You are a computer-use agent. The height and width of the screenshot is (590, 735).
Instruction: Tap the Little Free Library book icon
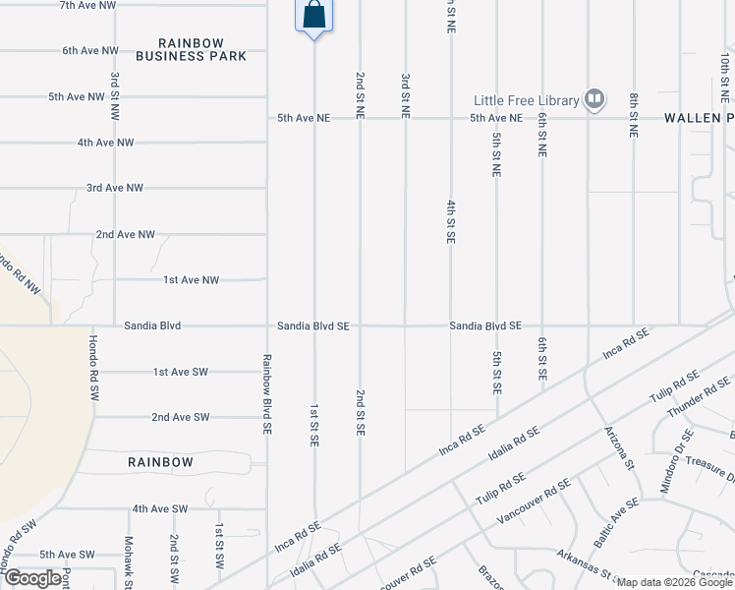[594, 98]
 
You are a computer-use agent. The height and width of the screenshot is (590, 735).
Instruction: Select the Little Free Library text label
[528, 99]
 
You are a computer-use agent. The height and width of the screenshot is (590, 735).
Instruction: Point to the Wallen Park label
[699, 117]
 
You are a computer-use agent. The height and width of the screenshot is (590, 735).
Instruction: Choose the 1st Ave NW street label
[192, 280]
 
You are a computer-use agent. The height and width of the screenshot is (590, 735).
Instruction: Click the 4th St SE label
[451, 221]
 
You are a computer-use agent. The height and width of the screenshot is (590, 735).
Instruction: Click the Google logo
[33, 578]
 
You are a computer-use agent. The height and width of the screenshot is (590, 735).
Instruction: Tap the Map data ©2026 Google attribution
[674, 582]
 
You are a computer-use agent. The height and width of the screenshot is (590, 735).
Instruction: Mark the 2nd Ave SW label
[181, 417]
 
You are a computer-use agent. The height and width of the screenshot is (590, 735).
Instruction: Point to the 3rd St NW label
[115, 90]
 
